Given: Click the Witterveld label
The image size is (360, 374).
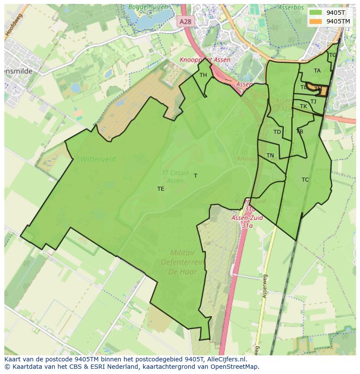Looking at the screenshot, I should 98,159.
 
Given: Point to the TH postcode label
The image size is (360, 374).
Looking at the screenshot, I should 203,75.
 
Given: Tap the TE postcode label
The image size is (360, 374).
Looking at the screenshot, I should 161,189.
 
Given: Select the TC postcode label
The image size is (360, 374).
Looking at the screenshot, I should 305,179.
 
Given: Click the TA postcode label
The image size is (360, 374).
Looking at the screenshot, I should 317,71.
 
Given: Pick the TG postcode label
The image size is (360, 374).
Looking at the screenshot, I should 333,55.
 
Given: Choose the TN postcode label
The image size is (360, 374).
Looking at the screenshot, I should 270,156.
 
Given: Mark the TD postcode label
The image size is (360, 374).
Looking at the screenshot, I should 277,132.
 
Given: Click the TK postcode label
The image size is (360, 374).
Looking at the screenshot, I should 303,106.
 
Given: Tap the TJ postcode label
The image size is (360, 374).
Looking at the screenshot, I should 313,102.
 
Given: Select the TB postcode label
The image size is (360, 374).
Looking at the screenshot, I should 300,131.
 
